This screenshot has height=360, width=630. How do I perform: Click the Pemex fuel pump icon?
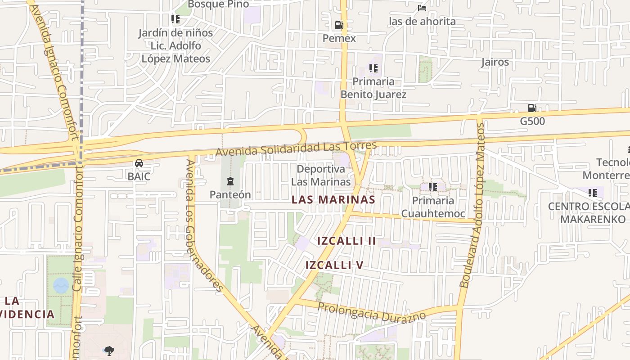(339, 25)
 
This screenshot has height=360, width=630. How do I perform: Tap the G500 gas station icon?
(532, 108)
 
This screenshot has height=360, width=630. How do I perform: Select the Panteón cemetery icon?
(230, 181)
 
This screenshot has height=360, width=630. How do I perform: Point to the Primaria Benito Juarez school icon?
(373, 68)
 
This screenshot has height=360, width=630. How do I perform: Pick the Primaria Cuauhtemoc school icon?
(433, 187)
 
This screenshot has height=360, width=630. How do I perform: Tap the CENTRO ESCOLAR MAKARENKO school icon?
(593, 193)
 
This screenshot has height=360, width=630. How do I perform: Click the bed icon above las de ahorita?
(422, 8)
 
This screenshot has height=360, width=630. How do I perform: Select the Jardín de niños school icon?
(175, 19)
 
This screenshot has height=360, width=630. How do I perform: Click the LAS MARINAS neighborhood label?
(333, 200)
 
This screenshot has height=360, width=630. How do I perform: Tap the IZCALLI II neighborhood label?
(346, 241)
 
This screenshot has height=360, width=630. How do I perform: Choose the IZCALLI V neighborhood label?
(334, 265)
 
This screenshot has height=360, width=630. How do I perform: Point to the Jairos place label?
(495, 62)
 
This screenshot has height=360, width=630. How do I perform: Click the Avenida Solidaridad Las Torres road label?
(296, 149)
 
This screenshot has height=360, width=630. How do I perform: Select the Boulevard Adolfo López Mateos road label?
(472, 205)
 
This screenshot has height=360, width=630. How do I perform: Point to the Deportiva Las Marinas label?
(321, 175)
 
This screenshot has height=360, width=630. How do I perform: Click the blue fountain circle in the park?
(61, 285)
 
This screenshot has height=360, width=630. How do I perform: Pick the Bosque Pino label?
(218, 4)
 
